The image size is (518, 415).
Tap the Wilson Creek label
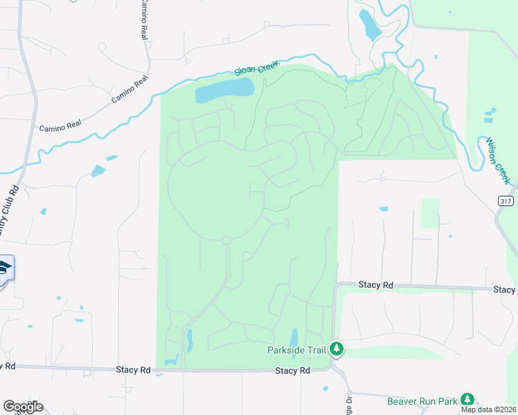tap(498, 160)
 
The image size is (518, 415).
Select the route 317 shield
tap(506, 200)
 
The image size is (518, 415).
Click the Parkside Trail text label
tap(296, 350)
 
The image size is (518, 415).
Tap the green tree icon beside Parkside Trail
tap(337, 349)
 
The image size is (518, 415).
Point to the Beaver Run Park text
tap(422, 400)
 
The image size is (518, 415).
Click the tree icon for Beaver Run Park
tap(467, 400)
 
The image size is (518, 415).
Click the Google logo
tap(23, 407)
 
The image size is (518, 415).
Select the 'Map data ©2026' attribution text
tap(489, 409)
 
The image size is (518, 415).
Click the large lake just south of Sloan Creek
tap(224, 90)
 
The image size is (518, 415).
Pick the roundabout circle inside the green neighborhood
tap(226, 240)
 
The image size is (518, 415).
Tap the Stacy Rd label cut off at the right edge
tap(505, 289)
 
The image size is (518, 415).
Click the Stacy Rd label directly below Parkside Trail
tap(292, 371)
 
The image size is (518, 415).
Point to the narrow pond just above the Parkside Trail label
tap(294, 337)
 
